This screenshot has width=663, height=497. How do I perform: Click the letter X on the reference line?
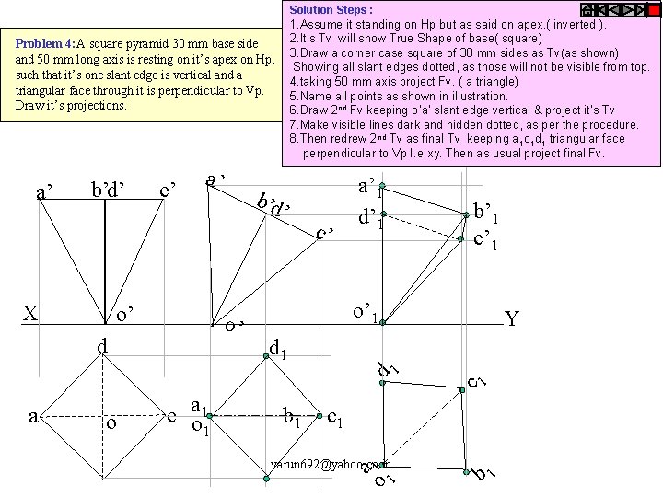(x=30, y=314)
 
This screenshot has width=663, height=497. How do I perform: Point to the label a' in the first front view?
(x=42, y=191)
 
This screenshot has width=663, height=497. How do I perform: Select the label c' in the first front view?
(x=168, y=191)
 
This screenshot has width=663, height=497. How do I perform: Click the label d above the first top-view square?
(x=104, y=347)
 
